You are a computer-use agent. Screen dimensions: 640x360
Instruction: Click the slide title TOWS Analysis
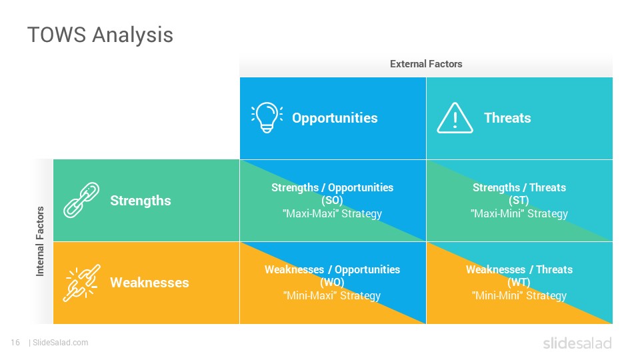click(x=101, y=35)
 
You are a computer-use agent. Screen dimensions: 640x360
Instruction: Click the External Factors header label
click(x=426, y=64)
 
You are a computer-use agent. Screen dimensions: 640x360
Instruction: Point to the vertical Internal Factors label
click(x=40, y=241)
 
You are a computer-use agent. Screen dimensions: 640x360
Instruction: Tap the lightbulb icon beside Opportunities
click(x=267, y=117)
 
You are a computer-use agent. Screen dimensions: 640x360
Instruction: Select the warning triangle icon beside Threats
click(x=455, y=118)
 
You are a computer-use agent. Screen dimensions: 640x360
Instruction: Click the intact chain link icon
click(x=81, y=200)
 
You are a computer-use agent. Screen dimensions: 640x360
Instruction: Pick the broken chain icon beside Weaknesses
click(x=81, y=283)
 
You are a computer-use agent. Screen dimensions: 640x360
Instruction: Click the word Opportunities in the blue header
click(x=335, y=118)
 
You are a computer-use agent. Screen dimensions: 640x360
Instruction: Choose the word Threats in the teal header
click(x=507, y=118)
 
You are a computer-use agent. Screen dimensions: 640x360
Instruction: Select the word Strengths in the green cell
click(x=141, y=201)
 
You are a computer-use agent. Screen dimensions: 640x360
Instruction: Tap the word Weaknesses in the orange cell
click(x=149, y=283)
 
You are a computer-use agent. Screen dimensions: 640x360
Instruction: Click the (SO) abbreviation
click(x=332, y=201)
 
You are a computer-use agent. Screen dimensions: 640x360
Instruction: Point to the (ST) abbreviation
click(x=519, y=201)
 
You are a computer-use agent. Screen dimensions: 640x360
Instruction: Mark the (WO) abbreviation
click(x=332, y=283)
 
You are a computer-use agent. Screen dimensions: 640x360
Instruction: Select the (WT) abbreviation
click(x=519, y=283)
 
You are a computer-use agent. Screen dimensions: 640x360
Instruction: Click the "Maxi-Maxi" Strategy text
click(x=332, y=214)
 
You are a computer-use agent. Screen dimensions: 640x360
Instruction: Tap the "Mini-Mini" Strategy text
click(x=519, y=296)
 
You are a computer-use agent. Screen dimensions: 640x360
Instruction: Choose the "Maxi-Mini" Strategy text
click(x=519, y=214)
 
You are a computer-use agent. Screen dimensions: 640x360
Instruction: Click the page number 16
click(x=15, y=343)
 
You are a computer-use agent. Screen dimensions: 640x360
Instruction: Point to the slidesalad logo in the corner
click(x=577, y=343)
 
